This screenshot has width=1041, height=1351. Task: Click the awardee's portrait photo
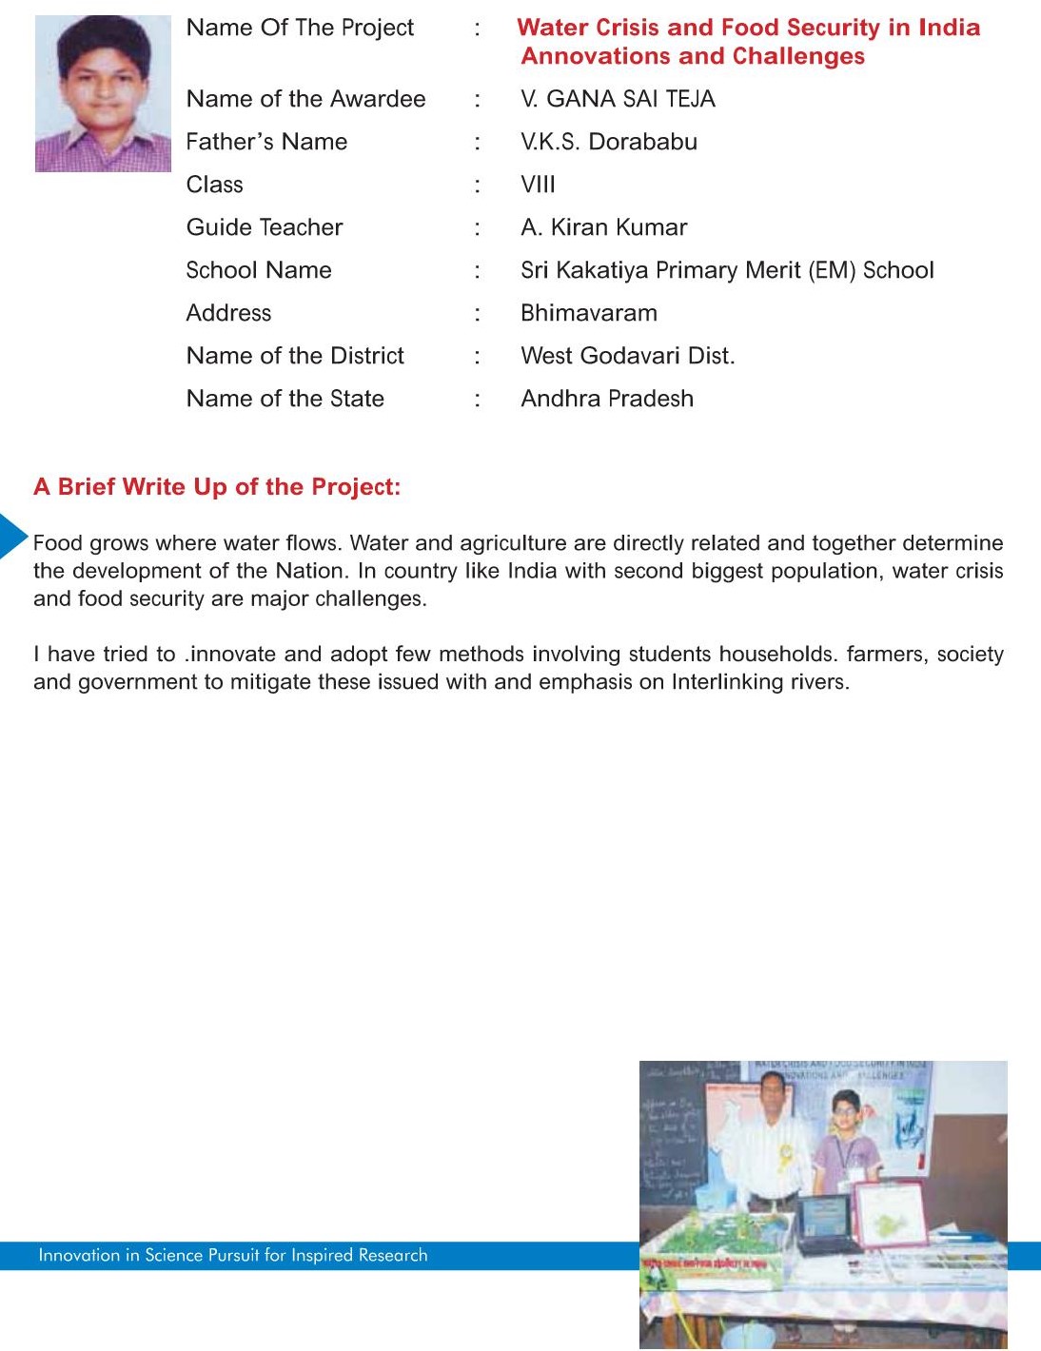point(103,93)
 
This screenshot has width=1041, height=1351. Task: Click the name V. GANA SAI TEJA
point(618,99)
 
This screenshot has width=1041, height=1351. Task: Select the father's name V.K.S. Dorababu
point(609,142)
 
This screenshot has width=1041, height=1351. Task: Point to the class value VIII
point(538,185)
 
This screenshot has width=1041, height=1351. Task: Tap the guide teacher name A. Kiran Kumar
point(603,227)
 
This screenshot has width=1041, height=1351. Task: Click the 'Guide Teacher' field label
point(265,227)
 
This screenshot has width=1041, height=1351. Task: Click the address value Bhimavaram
point(588,313)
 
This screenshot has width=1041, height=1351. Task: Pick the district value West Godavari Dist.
point(627,356)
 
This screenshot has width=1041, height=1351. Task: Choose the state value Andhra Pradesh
point(607,399)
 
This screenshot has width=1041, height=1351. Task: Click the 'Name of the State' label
point(285,399)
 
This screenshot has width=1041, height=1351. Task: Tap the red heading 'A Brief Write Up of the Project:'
point(217,487)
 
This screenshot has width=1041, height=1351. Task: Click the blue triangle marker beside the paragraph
point(12,536)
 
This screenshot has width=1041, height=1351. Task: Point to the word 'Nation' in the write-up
point(309,571)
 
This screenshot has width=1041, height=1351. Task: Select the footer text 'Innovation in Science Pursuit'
point(233,1255)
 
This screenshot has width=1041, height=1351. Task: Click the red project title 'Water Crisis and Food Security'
point(748,28)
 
